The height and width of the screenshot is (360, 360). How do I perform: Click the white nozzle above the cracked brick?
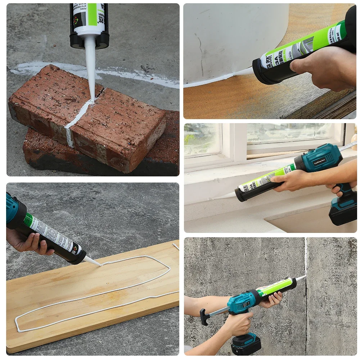coord(90,65)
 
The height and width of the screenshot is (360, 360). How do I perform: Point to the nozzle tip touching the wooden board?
coord(99,265)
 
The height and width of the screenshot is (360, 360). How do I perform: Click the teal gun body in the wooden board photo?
coord(13,209)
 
